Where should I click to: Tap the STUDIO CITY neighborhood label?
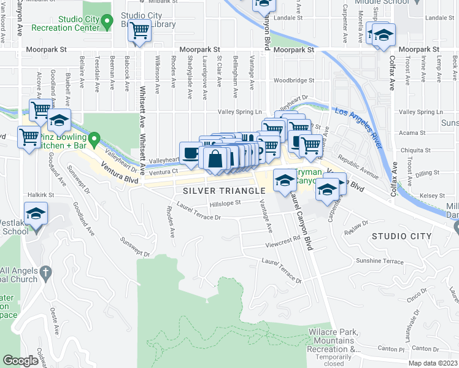(401, 236)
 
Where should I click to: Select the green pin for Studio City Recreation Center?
(107, 23)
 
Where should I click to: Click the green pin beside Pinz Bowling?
(94, 140)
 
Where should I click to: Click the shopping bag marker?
(216, 159)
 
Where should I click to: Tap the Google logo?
(20, 361)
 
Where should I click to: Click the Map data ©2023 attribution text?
(432, 363)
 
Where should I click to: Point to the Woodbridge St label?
(294, 80)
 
